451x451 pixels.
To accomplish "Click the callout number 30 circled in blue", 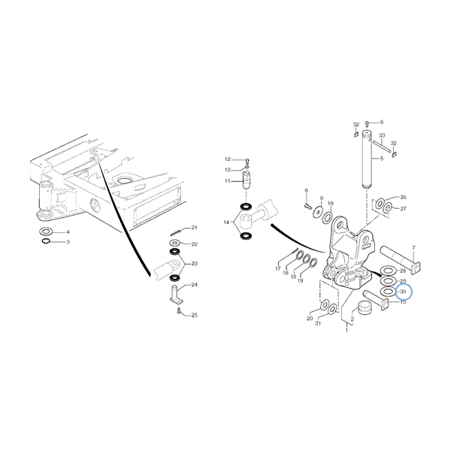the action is [403, 292].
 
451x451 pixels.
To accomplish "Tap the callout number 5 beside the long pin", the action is [382, 159].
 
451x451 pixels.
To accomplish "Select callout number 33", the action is [382, 135].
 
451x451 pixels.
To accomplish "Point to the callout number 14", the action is [226, 222].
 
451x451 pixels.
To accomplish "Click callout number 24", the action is [195, 285].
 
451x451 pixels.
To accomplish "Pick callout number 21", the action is [195, 228].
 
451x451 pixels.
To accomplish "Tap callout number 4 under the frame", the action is [68, 232].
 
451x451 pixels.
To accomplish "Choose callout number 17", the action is [278, 268].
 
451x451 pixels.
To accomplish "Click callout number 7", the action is [413, 247].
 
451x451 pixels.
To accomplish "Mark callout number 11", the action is [228, 181].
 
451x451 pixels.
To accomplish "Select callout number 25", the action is [195, 315].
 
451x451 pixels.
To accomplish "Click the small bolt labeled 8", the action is [307, 205].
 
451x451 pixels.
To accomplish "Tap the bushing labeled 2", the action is [364, 307].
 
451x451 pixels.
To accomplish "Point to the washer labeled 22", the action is [174, 242].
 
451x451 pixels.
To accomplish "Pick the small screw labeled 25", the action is [179, 310].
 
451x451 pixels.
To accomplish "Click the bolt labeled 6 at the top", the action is [368, 123].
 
